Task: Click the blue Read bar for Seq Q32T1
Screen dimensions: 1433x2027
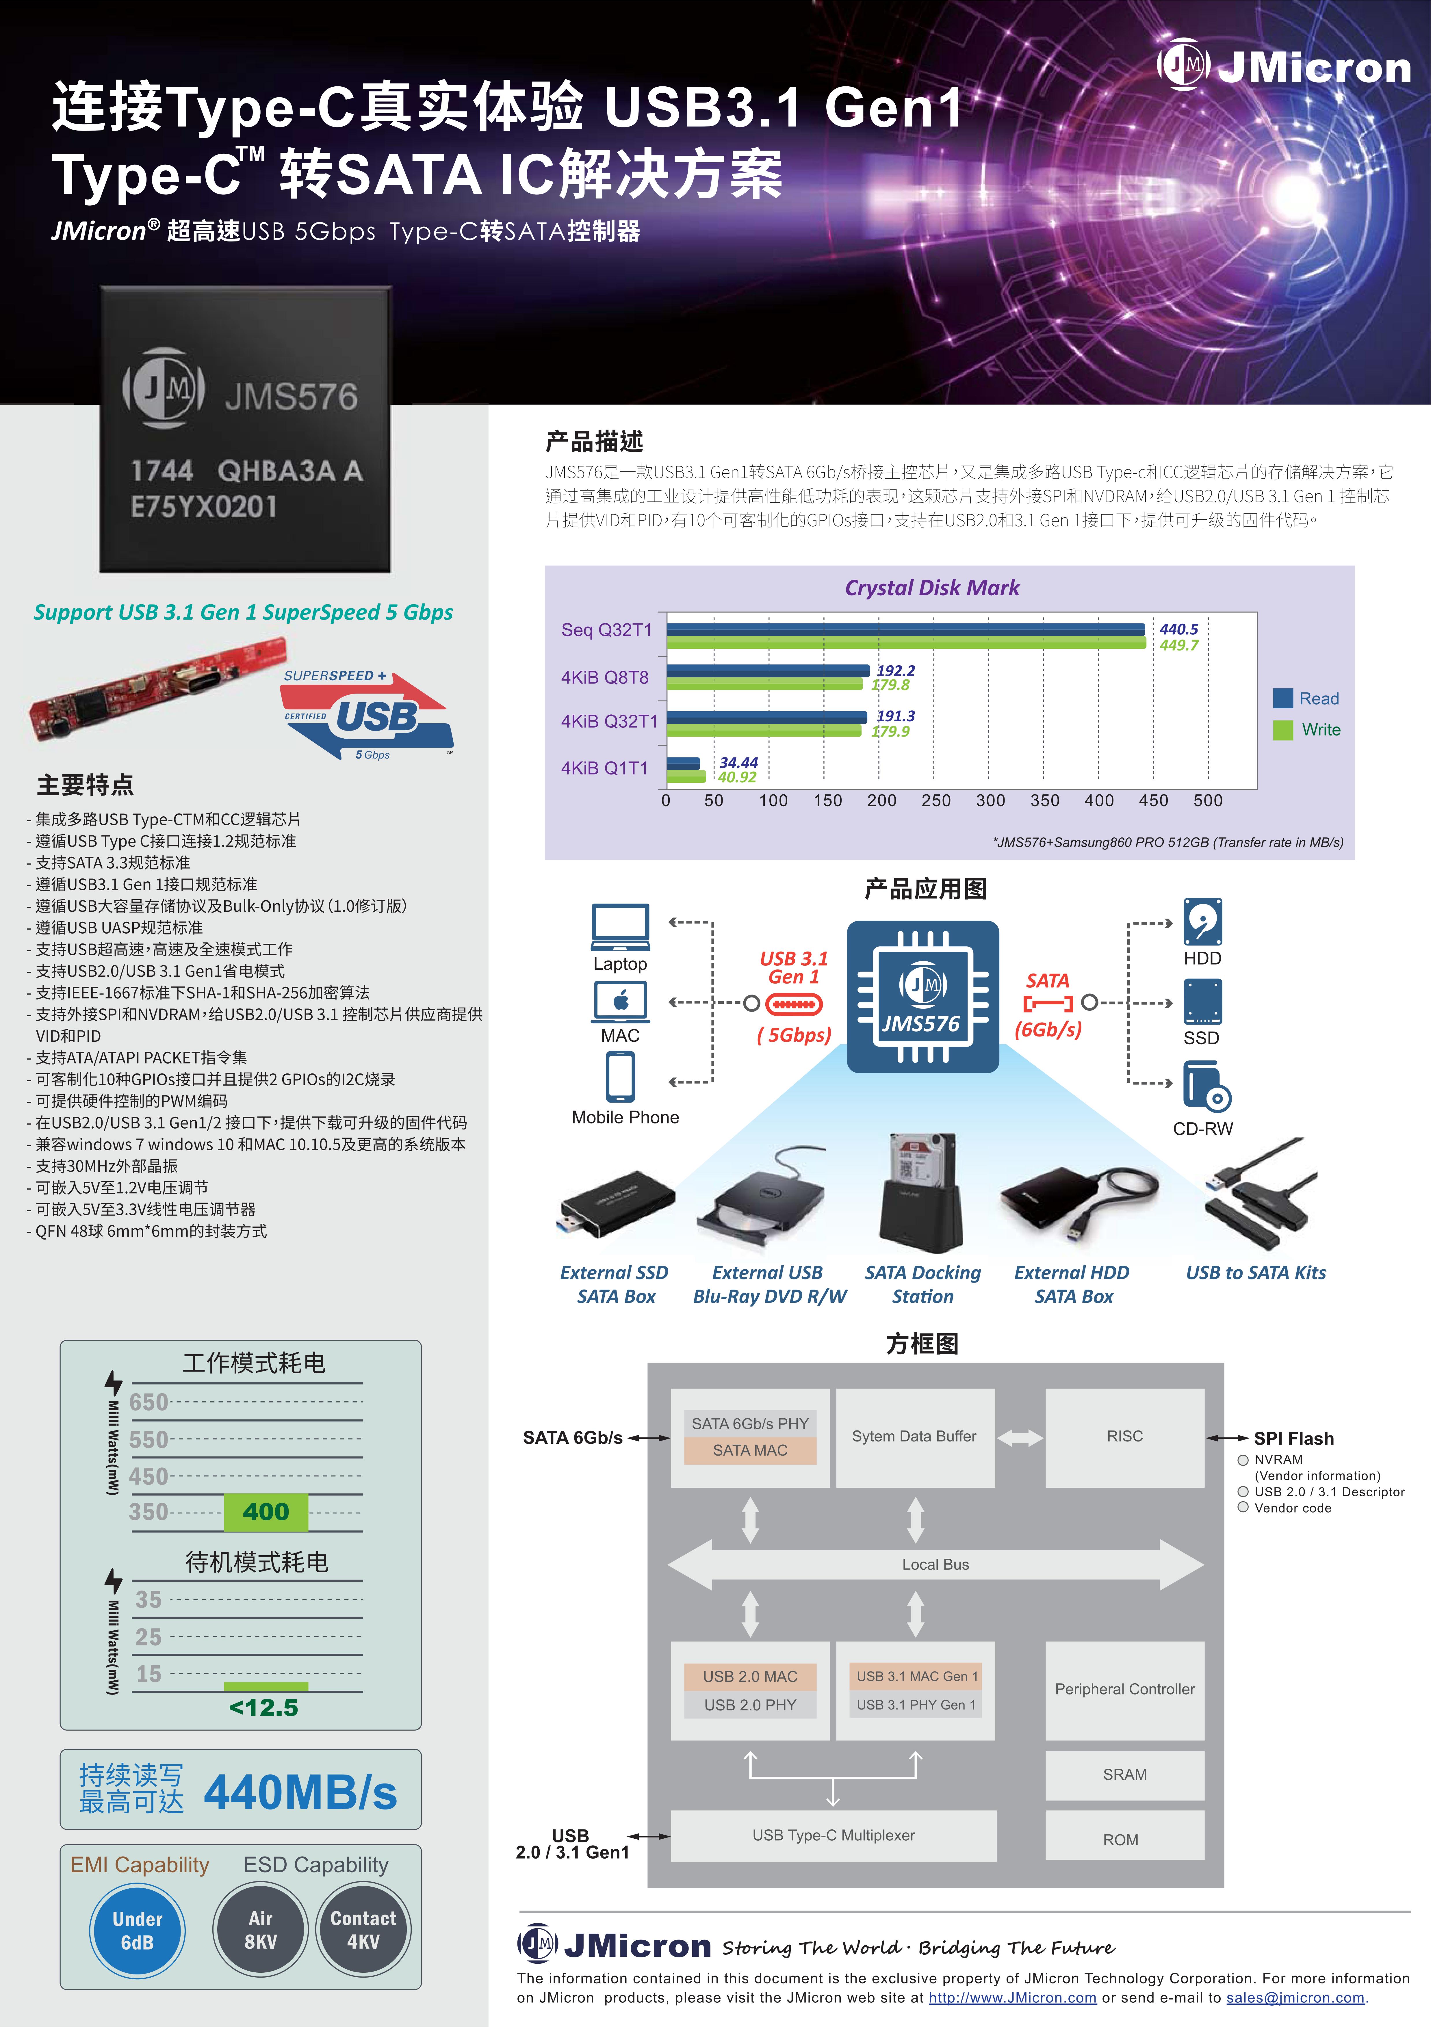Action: click(906, 629)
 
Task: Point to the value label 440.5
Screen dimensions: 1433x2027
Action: click(1179, 629)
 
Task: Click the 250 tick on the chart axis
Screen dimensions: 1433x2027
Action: click(936, 801)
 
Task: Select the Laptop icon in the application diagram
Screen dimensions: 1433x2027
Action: click(621, 926)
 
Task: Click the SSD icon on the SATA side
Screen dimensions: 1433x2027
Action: click(1202, 1002)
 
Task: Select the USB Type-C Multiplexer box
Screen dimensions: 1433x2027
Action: click(834, 1835)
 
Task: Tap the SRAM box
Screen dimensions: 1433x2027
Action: click(1125, 1775)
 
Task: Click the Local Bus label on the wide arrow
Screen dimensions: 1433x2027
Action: click(935, 1565)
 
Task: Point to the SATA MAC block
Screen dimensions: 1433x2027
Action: click(751, 1450)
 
